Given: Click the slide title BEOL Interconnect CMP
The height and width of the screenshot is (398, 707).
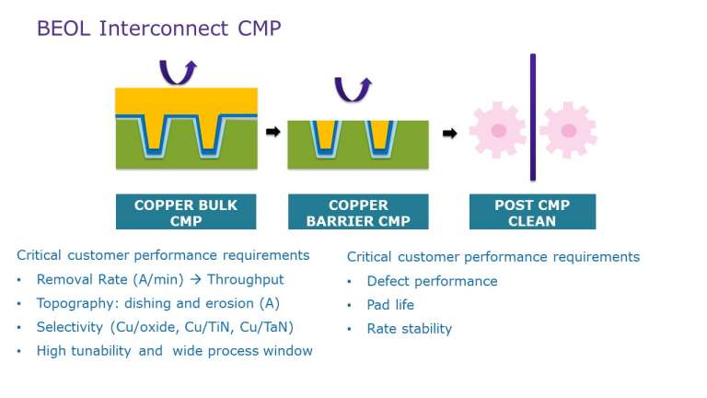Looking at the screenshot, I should point(158,29).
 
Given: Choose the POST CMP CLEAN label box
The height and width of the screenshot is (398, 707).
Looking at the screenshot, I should point(532,212).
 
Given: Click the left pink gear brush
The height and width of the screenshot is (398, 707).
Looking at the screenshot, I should point(498,131).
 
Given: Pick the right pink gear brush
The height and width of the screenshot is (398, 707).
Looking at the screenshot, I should point(568,131).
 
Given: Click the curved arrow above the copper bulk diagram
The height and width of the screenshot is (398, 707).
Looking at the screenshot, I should point(179,71).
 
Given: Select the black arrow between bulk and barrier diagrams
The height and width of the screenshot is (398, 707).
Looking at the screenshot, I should point(272,132).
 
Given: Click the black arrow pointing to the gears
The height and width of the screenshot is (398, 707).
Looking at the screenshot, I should point(449,133).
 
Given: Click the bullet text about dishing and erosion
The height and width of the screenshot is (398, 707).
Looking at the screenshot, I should point(157,303).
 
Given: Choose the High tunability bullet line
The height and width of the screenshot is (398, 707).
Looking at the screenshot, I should point(174,351).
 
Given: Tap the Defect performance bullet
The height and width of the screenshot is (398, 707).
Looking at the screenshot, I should point(432,281).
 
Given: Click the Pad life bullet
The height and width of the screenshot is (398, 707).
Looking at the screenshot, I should point(390,305).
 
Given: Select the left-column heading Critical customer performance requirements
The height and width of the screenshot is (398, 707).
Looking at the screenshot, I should point(163,255).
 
